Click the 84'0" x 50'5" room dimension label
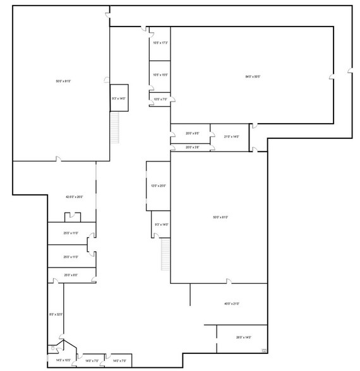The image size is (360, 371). (253, 77)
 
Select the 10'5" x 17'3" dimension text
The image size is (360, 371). (160, 43)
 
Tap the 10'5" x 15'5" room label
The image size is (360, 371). (160, 75)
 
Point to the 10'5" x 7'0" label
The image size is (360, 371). (160, 99)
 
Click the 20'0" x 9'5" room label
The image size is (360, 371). (193, 133)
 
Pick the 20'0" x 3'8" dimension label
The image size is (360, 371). (193, 147)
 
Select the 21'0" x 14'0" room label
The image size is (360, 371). (231, 136)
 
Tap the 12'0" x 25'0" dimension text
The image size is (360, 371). (157, 185)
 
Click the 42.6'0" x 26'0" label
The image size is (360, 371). (75, 197)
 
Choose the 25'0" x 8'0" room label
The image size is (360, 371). (71, 275)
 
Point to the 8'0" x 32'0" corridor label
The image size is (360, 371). (56, 314)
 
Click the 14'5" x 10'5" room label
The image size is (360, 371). (63, 360)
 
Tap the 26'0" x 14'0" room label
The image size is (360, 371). (244, 337)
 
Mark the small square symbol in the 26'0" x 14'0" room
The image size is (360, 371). (264, 350)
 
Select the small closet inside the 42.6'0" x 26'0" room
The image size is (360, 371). (72, 218)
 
